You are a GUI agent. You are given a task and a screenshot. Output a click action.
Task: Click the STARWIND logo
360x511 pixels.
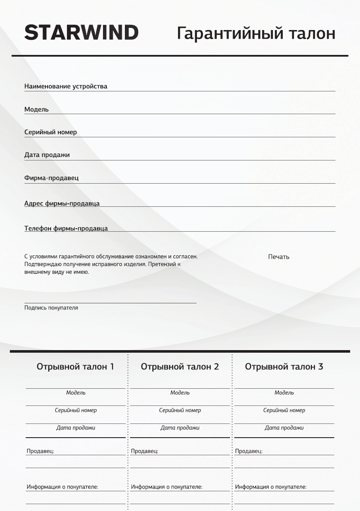[x=81, y=33]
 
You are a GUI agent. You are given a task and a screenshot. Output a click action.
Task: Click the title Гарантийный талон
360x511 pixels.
[x=256, y=33]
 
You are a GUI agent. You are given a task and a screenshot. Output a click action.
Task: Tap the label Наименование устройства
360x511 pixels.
[x=66, y=86]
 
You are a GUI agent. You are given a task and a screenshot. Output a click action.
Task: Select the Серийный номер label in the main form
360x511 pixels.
[x=51, y=132]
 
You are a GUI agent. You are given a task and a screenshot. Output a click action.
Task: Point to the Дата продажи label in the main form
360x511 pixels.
[x=47, y=155]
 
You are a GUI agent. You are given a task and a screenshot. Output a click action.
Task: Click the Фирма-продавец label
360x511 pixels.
[x=51, y=178]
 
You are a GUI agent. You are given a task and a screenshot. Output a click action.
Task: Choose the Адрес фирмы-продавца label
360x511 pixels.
[x=62, y=203]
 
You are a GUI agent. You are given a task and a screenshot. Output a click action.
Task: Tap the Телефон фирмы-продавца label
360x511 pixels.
[x=66, y=228]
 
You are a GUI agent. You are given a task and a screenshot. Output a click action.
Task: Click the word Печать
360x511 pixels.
[x=278, y=257]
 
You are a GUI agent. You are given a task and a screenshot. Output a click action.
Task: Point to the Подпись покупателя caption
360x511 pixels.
[x=51, y=308]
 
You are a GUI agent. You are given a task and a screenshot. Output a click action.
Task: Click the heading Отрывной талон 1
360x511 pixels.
[x=76, y=367]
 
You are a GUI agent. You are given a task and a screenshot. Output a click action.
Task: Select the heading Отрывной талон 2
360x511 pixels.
[x=180, y=367]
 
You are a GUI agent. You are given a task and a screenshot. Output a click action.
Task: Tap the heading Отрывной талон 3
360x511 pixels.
[x=284, y=367]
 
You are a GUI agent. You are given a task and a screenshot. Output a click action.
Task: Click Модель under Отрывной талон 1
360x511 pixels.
[x=76, y=393]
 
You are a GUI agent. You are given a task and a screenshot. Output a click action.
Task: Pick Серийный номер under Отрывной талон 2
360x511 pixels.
[x=180, y=410]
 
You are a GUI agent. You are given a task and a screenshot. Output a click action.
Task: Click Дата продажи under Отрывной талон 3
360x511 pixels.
[x=284, y=428]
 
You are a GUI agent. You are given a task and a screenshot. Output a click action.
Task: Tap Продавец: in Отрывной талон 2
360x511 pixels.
[x=145, y=451]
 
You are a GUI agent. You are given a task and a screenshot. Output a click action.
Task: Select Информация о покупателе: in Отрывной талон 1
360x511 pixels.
[x=62, y=487]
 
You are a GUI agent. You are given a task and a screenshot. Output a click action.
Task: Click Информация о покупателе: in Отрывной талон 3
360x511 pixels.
[x=271, y=487]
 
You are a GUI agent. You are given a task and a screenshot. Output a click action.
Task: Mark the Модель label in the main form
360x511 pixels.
[x=36, y=109]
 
